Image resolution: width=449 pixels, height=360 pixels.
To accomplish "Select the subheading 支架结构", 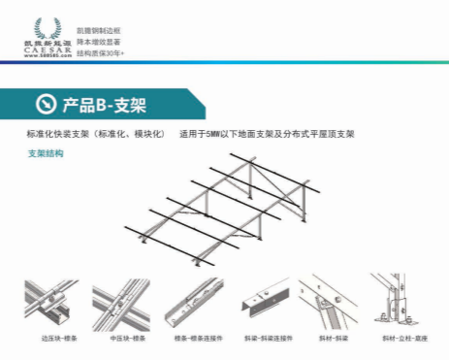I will (45, 153).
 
